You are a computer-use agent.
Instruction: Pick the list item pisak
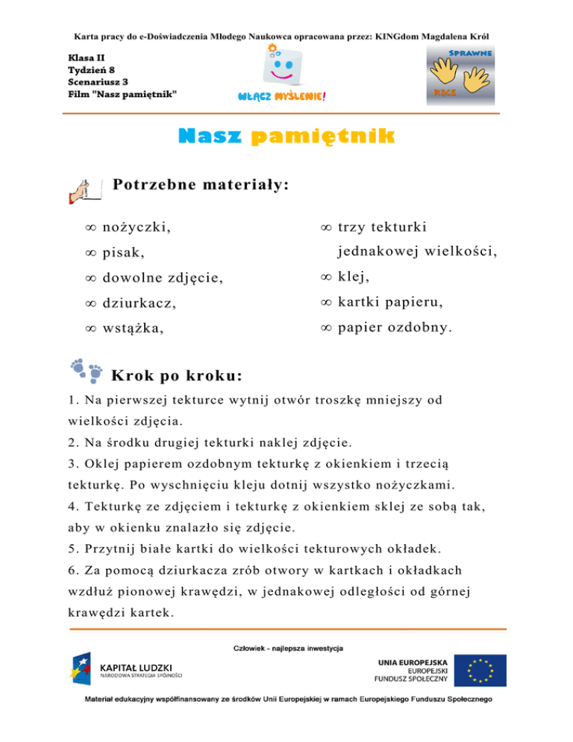click(123, 252)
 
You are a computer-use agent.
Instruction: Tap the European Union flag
click(481, 669)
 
